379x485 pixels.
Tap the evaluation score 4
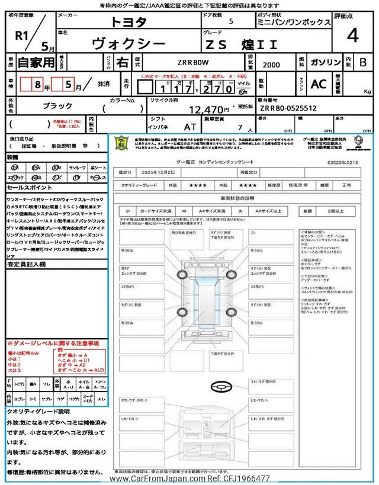[352, 36]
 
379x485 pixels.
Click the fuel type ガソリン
[325, 62]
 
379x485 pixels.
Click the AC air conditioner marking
[319, 85]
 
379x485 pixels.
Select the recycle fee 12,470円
[209, 110]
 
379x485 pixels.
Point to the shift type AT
[189, 127]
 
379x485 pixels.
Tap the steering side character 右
[122, 62]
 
